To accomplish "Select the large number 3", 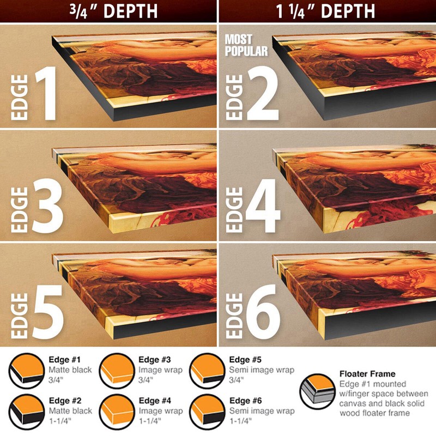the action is (x=47, y=207).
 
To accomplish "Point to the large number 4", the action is (x=263, y=206).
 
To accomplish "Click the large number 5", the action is (x=48, y=312).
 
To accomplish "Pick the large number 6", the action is (x=263, y=312).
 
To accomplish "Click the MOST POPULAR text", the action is (x=246, y=45).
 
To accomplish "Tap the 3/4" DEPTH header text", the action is (x=113, y=11).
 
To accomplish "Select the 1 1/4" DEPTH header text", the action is (x=325, y=11).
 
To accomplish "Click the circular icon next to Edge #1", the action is (x=26, y=371).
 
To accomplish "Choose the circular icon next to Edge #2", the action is (x=26, y=412).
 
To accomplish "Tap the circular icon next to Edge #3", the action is (x=117, y=371).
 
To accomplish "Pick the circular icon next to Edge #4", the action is (x=117, y=412).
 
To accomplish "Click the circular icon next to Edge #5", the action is (x=207, y=371).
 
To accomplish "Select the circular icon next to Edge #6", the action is (x=207, y=412).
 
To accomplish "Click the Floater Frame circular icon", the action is (x=318, y=391).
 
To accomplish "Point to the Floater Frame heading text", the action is (x=367, y=374).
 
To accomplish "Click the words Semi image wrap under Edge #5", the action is (x=262, y=370).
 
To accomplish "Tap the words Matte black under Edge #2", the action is (x=70, y=411).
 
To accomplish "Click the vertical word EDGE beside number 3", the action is (x=20, y=210).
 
